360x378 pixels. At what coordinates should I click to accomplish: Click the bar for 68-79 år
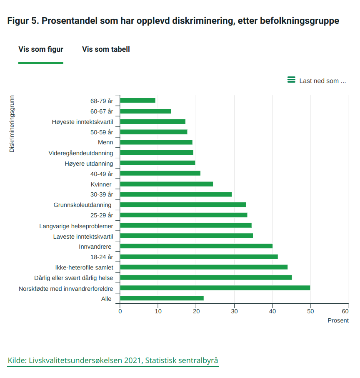click(137, 101)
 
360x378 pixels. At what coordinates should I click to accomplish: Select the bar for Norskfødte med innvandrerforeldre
click(215, 288)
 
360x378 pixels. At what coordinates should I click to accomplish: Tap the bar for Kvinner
click(166, 184)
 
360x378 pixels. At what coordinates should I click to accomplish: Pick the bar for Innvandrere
click(196, 246)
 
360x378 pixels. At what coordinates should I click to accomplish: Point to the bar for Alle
click(162, 298)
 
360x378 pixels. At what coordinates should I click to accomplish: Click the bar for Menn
click(156, 142)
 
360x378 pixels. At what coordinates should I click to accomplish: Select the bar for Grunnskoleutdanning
click(183, 205)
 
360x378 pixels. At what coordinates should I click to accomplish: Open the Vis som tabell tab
click(106, 49)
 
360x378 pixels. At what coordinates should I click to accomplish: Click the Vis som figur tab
click(41, 49)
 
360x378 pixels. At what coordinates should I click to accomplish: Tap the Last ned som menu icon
click(291, 80)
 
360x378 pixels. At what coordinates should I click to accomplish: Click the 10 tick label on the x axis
click(158, 311)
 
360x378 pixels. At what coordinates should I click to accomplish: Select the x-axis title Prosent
click(338, 320)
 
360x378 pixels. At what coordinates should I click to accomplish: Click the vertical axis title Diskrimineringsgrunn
click(12, 124)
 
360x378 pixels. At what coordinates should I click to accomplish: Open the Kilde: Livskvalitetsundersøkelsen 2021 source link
click(113, 360)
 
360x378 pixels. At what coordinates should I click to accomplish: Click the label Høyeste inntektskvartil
click(82, 121)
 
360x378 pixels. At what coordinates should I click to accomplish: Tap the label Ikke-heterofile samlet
click(84, 267)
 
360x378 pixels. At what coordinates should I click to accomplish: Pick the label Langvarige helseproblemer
click(76, 226)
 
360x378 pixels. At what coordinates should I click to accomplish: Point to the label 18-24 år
click(102, 257)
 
